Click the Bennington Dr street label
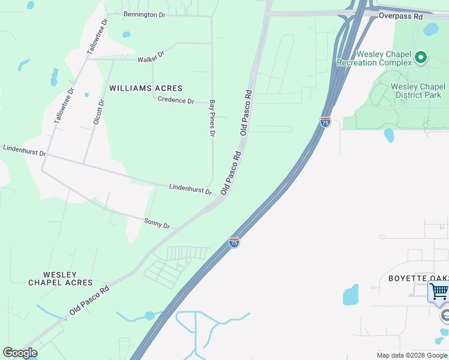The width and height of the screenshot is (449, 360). (x=144, y=14)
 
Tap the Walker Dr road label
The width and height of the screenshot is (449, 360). (x=151, y=58)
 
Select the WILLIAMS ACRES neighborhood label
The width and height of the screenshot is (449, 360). (x=146, y=88)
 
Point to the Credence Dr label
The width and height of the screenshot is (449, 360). (x=176, y=101)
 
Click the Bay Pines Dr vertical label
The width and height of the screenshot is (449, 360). (x=212, y=118)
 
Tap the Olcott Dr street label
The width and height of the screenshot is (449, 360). (x=99, y=112)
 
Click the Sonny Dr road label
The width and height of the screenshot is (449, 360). (x=157, y=223)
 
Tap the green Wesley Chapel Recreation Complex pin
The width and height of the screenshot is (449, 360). (x=421, y=58)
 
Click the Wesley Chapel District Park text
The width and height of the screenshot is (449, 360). (x=416, y=91)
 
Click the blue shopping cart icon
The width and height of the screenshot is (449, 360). (x=439, y=292)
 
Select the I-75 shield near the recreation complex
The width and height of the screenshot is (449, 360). (x=325, y=122)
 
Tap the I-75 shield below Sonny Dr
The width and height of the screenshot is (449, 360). (x=234, y=242)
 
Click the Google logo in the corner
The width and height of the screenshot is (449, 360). (x=20, y=353)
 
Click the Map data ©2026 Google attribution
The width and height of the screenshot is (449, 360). (x=412, y=355)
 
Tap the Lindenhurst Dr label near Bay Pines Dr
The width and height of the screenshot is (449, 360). (x=190, y=190)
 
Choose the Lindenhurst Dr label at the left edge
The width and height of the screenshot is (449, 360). (x=25, y=150)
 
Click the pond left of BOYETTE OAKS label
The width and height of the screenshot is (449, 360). (x=351, y=295)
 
